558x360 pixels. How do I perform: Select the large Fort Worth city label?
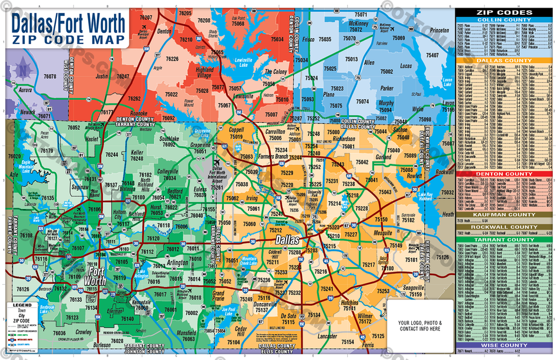[98, 275]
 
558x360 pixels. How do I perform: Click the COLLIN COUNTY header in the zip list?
[504, 20]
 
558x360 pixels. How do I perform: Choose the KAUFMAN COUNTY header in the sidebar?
[504, 215]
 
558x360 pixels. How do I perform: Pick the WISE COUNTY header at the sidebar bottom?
[504, 345]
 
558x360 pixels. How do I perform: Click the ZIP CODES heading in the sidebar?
[504, 12]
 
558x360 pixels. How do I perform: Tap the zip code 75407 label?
[432, 55]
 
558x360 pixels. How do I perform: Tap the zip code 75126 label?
[442, 257]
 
